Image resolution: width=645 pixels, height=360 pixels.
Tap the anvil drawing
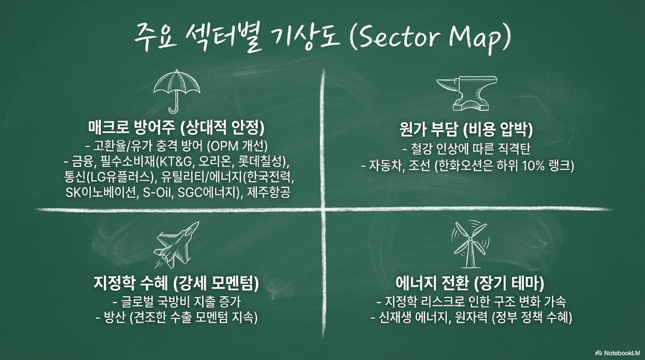pyautogui.click(x=467, y=93)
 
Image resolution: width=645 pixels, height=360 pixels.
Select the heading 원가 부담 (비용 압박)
pyautogui.click(x=466, y=130)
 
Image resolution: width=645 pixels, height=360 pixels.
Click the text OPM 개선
pyautogui.click(x=237, y=146)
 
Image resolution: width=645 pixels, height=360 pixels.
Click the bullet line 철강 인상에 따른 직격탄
pyautogui.click(x=466, y=148)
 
